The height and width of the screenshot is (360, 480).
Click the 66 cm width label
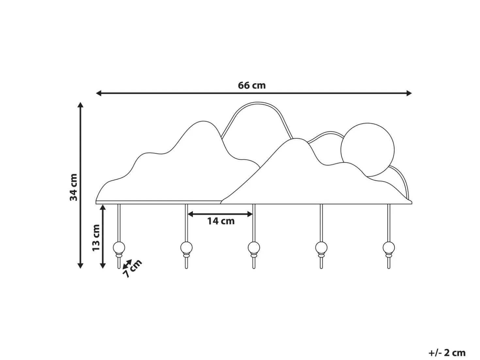pos(252,85)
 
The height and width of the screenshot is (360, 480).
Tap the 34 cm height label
pos(73,187)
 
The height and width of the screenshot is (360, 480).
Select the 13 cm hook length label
pos(96,238)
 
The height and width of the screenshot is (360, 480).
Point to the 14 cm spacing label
pos(221,221)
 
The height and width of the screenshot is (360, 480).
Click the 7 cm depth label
pos(132,269)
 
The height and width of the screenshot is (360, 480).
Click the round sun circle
pos(367,150)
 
